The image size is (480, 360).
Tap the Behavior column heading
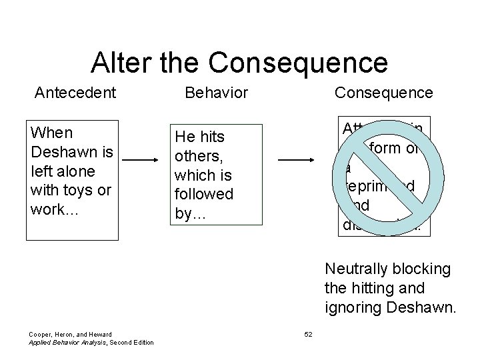point(215,93)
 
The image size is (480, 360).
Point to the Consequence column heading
point(383,93)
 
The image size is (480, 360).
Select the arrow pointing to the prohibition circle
point(296,160)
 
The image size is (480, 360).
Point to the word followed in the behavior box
point(203,195)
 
